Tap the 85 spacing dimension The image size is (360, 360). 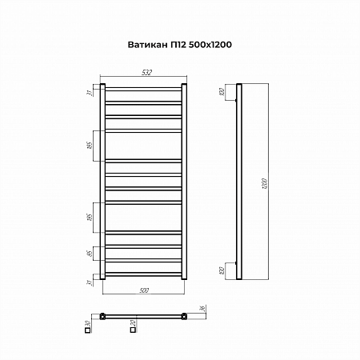90,254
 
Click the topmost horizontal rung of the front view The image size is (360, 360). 142,87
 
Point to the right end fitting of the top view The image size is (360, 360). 184,315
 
